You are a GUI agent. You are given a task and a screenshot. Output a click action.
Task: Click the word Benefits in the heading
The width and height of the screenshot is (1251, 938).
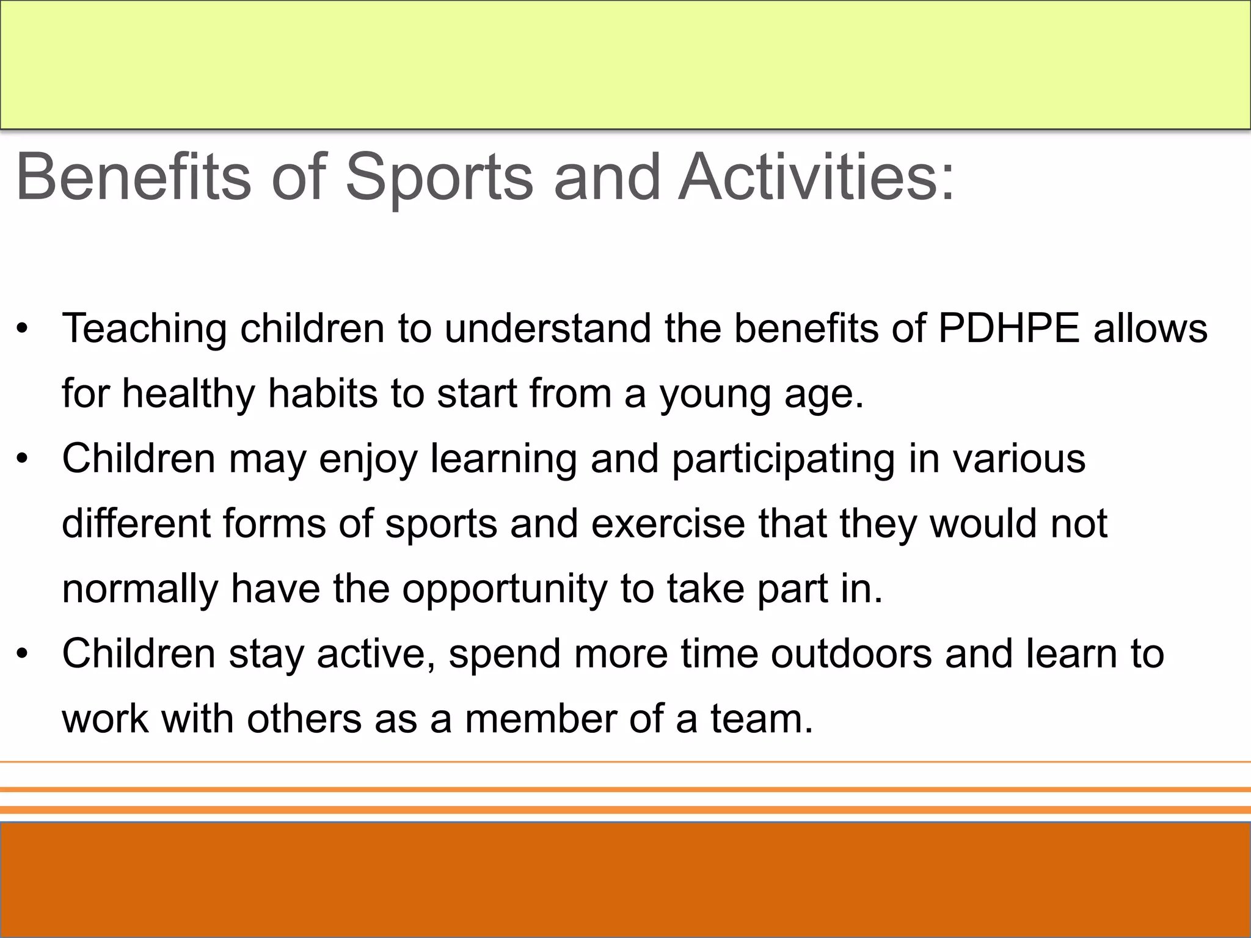133,176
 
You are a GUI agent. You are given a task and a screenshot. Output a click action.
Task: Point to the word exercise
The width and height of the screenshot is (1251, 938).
668,524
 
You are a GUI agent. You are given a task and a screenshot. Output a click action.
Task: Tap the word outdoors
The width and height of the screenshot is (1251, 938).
851,653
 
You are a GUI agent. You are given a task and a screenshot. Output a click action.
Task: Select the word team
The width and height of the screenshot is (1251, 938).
761,719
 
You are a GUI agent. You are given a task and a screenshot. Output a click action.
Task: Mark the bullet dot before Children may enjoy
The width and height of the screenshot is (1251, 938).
23,459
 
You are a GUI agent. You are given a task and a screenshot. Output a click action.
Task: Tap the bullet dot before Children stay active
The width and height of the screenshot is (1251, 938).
23,655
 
